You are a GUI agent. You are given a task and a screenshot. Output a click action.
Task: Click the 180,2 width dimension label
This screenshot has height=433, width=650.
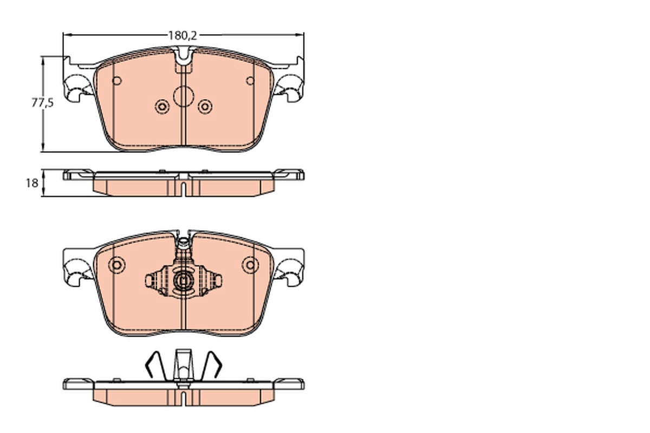click(x=181, y=36)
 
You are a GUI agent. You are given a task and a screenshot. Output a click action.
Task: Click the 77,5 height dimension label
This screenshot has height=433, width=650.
click(x=42, y=103)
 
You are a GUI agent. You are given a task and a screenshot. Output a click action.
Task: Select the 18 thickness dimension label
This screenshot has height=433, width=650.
click(x=31, y=183)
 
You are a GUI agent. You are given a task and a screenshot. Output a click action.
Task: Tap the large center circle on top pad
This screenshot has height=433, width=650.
click(x=183, y=96)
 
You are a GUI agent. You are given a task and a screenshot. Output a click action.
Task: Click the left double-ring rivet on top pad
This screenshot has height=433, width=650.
click(x=162, y=107)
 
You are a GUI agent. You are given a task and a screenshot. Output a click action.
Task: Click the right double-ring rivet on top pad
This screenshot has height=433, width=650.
click(x=205, y=107)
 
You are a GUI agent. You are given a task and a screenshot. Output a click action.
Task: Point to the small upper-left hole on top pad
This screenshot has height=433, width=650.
click(x=116, y=81)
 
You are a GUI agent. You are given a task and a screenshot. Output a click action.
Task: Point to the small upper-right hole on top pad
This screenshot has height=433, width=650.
click(x=250, y=81)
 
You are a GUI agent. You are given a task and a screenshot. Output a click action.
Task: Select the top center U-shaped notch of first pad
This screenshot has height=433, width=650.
click(x=183, y=56)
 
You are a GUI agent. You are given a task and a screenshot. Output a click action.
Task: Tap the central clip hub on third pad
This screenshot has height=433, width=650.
click(x=183, y=280)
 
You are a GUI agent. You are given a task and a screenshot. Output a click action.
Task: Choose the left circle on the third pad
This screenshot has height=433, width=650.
click(x=116, y=265)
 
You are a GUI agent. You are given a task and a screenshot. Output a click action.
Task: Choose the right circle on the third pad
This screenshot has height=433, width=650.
click(x=250, y=265)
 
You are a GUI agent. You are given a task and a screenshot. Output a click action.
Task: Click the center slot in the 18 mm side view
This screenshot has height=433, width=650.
click(x=184, y=189)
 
